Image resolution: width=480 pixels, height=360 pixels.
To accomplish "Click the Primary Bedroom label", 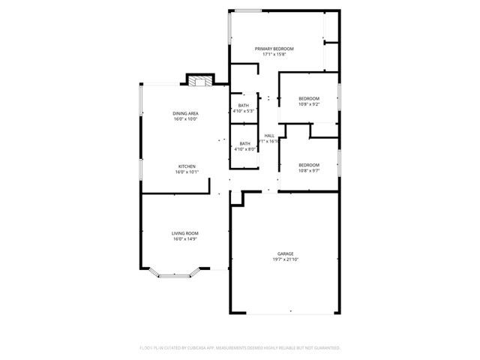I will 274,49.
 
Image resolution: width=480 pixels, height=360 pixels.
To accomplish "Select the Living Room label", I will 186,233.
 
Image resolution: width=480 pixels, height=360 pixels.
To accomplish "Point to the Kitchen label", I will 186,166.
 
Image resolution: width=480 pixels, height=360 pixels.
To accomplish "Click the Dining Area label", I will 185,113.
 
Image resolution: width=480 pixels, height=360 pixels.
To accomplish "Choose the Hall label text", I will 269,136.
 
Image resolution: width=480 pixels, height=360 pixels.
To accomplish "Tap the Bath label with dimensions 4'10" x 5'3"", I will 244,106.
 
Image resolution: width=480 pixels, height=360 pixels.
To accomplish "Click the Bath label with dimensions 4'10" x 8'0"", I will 245,143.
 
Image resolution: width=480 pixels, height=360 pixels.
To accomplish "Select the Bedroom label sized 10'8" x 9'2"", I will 309,99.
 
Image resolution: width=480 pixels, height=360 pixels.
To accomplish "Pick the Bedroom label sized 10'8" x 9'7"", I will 309,165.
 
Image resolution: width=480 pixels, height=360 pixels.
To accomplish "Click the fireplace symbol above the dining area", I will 197,82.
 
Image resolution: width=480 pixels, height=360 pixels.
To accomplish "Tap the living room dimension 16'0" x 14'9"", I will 186,238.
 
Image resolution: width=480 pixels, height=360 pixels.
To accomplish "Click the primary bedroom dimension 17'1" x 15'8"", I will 274,54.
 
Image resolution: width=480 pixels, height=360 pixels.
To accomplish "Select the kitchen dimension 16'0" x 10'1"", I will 186,172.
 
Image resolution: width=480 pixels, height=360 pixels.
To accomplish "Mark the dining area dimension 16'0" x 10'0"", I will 185,118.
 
